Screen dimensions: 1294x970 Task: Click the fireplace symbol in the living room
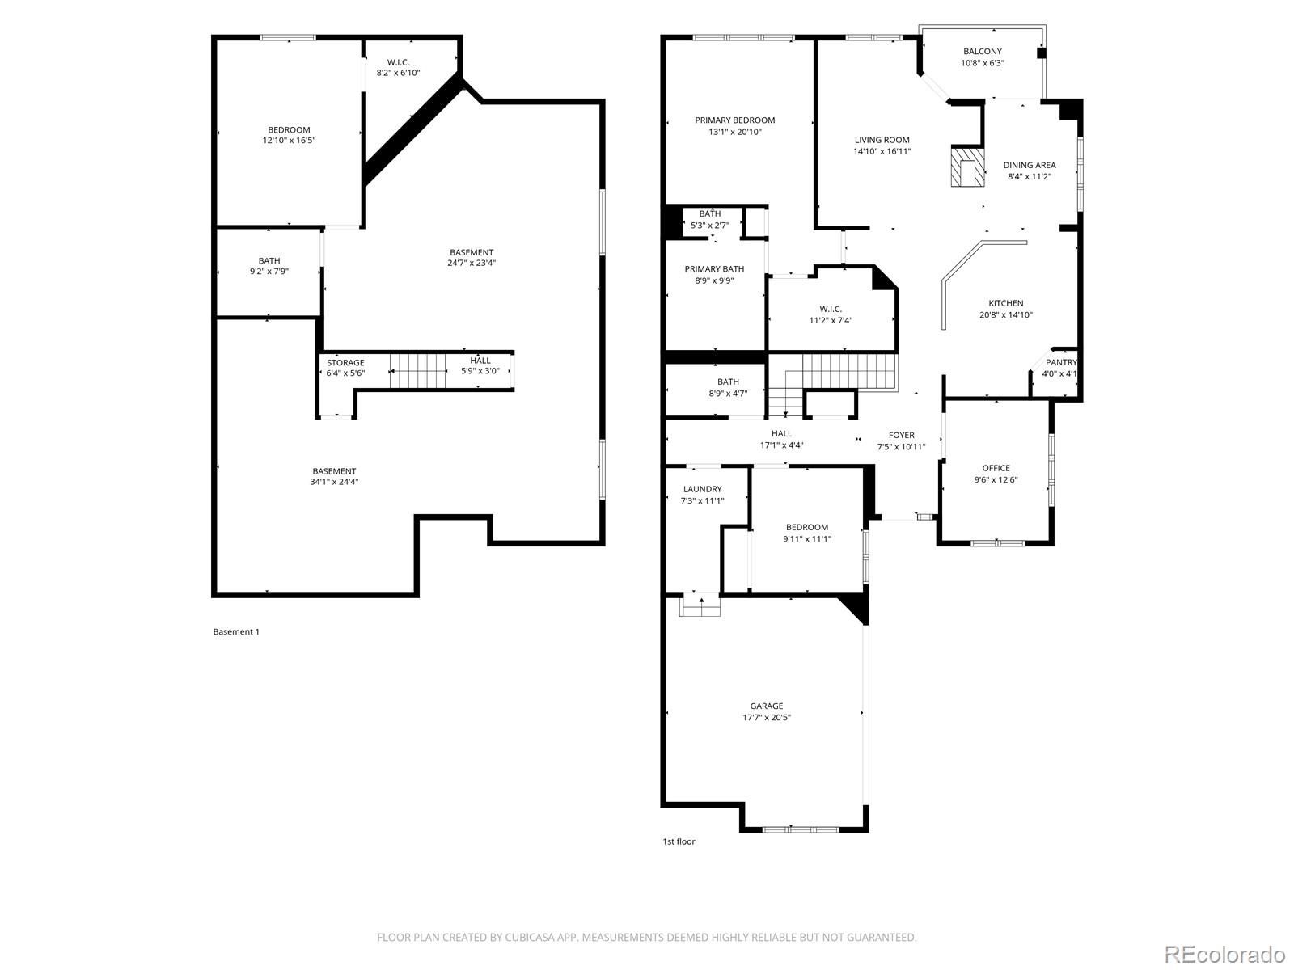coord(967,167)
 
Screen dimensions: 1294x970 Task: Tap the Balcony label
coord(982,52)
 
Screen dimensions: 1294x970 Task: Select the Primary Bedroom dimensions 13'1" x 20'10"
coord(734,132)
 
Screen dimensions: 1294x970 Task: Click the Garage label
coord(767,706)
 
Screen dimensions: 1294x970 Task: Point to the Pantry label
coord(1061,362)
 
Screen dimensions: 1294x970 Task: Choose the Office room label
coord(996,468)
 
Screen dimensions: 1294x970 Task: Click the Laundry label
coord(702,489)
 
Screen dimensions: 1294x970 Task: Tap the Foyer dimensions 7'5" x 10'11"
coord(901,447)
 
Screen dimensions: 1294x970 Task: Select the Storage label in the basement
coord(345,363)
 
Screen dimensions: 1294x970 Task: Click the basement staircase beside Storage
coord(417,371)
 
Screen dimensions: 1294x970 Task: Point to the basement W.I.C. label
coord(398,62)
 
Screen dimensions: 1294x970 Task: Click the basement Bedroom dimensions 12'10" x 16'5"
coord(289,140)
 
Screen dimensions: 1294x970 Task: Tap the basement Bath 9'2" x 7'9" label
coord(269,266)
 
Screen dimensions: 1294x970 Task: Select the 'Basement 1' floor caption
coord(236,631)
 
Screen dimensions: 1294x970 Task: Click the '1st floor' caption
coord(679,841)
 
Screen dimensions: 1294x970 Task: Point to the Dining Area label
coord(1030,165)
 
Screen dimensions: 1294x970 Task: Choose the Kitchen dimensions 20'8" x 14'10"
coord(1006,314)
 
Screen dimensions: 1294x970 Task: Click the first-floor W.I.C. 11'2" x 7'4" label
coord(830,314)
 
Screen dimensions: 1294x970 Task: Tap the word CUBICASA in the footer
coord(530,937)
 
